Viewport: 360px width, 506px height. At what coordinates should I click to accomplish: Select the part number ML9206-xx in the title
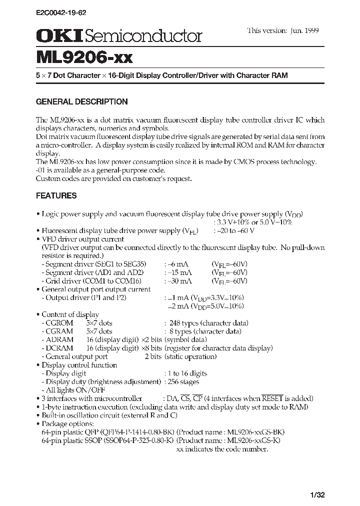[x=84, y=57]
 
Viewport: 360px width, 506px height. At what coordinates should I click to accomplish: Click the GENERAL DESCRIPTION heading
[x=82, y=101]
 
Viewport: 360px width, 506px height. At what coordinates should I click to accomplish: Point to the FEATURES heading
[x=56, y=195]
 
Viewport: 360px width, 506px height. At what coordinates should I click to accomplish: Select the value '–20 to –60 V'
[x=234, y=230]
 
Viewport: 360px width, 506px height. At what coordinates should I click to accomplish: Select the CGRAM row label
[x=59, y=331]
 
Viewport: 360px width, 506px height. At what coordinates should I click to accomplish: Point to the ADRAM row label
[x=59, y=340]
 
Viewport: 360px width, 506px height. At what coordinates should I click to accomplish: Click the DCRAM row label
[x=59, y=348]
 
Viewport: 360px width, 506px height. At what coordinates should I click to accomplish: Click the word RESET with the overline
[x=273, y=398]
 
